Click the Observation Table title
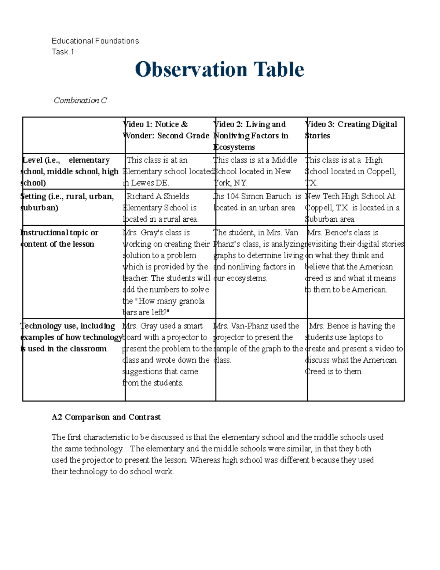point(219,69)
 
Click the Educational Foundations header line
point(95,41)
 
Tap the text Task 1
point(63,52)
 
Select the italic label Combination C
point(80,100)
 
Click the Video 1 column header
point(167,130)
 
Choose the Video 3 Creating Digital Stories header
point(351,130)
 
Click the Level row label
point(70,171)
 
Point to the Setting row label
point(67,202)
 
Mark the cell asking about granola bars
point(167,272)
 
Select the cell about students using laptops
point(354,348)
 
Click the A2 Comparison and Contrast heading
point(106,417)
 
